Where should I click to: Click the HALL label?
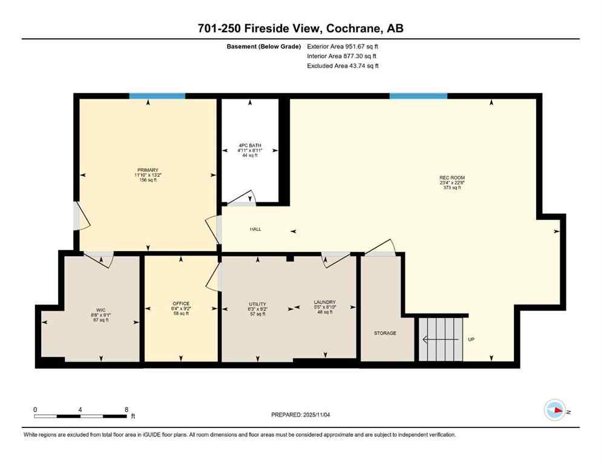(256, 229)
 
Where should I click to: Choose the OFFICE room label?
(180, 303)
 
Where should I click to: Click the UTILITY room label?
(257, 303)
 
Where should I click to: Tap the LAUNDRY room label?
(324, 302)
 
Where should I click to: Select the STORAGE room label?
(385, 333)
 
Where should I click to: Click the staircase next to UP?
(441, 340)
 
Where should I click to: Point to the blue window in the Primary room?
(157, 96)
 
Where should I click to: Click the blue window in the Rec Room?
(418, 96)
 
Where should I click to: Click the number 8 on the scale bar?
(126, 409)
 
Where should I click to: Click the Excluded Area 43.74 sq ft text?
(343, 66)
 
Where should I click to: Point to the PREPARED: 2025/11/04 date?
(301, 415)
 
